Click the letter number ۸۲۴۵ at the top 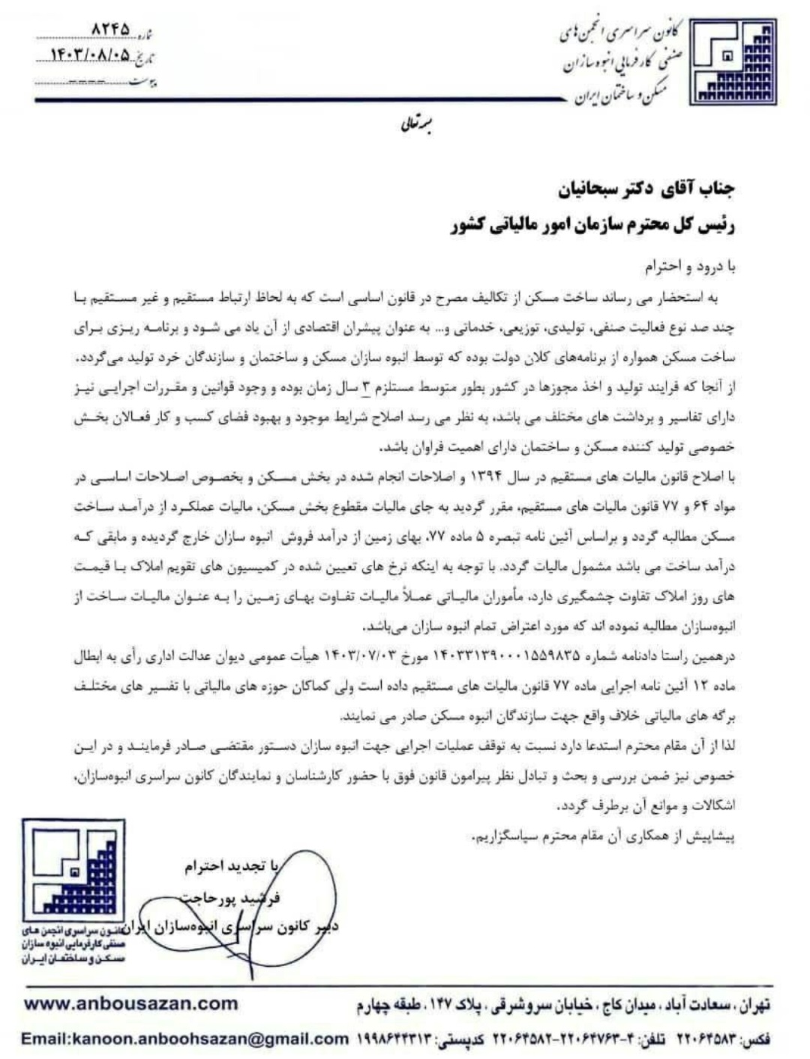[x=109, y=29]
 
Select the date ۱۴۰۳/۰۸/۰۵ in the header [x=89, y=55]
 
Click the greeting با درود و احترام [x=690, y=266]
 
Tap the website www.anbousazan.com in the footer [x=130, y=1003]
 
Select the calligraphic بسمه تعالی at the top [x=414, y=125]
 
